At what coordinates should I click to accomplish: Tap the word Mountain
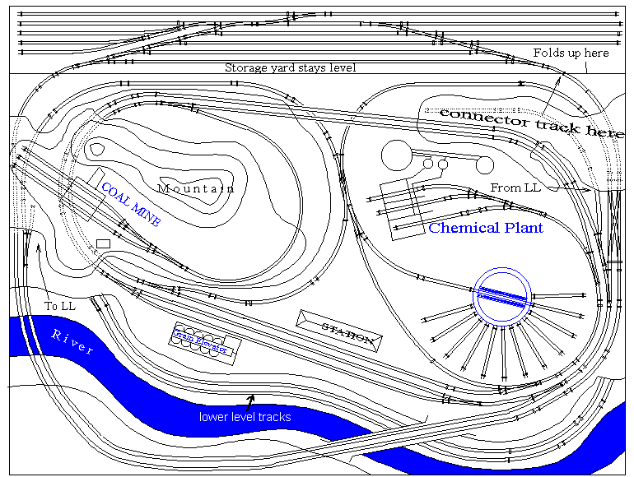coord(196,188)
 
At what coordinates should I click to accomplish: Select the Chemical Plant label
coord(486,228)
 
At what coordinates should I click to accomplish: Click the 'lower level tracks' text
coord(245,417)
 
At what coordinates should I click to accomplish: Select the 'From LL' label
coord(516,188)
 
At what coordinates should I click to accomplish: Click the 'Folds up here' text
coord(571,53)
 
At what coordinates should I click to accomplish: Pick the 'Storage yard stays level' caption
coord(290,67)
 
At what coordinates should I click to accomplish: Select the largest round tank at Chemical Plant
coord(396,155)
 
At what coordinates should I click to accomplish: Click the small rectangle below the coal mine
coord(103,243)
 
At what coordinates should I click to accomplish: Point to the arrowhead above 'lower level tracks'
coord(249,399)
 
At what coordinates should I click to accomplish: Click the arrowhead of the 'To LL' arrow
coord(38,246)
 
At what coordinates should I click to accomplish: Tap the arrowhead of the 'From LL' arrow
coord(586,189)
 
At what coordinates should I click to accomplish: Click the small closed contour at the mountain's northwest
coord(97,149)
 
